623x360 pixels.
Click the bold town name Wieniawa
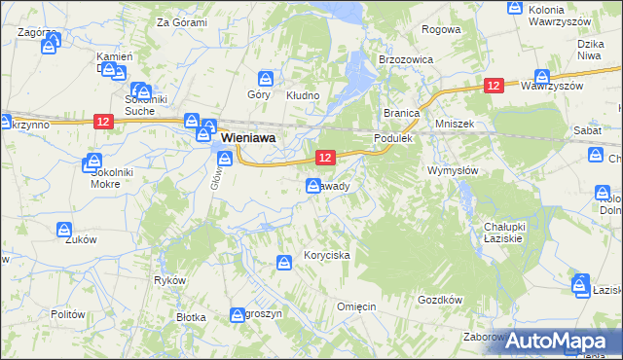click(248, 139)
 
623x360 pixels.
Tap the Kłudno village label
click(302, 95)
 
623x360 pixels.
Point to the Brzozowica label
click(405, 58)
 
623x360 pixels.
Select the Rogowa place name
click(441, 29)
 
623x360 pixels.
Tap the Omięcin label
click(356, 306)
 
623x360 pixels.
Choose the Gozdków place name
click(439, 301)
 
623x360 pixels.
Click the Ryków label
click(169, 280)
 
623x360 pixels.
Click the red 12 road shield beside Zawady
click(325, 157)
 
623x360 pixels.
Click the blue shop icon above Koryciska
click(284, 262)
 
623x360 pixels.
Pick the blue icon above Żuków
click(63, 230)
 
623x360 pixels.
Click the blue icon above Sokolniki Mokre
click(94, 162)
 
